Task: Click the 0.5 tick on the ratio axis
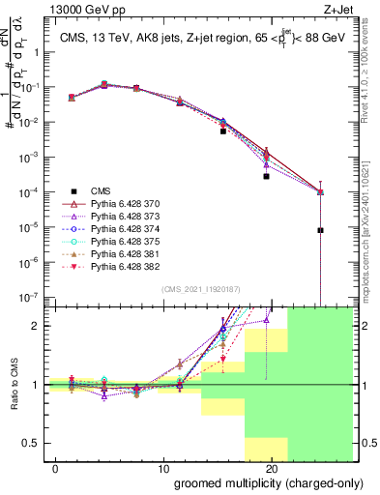(30, 444)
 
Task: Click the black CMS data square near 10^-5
(320, 230)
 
